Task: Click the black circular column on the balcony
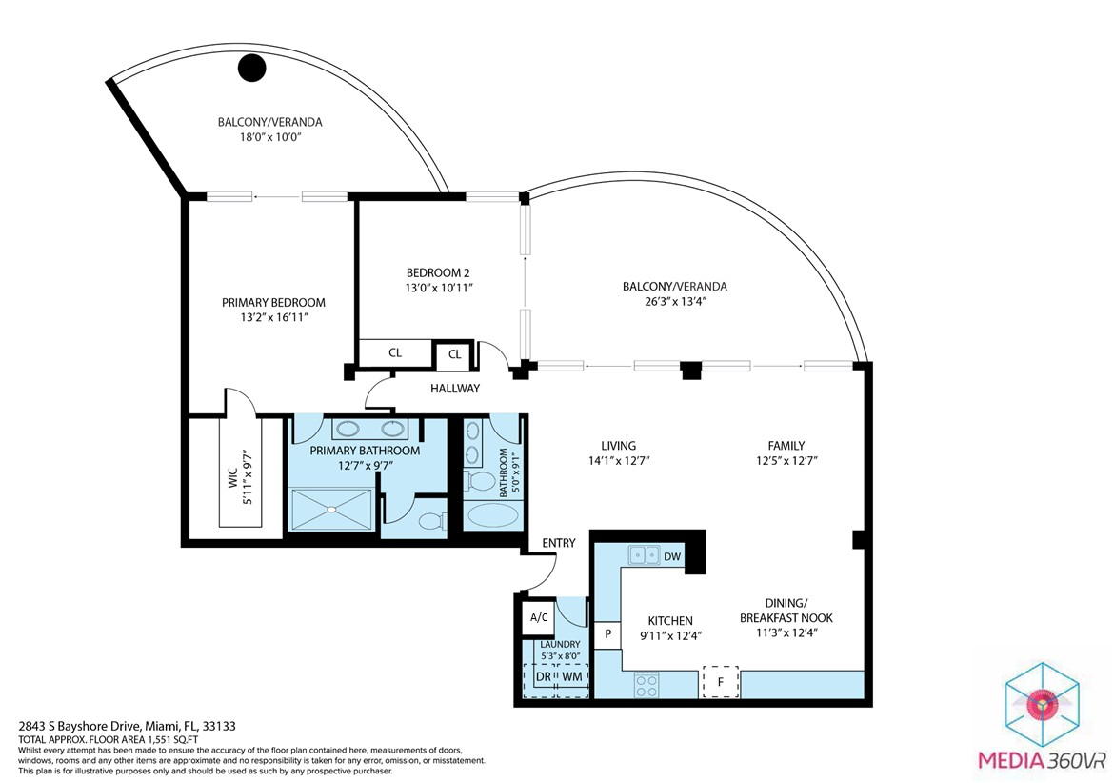click(x=251, y=69)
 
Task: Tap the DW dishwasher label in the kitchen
click(x=672, y=556)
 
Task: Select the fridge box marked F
click(x=721, y=682)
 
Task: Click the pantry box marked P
click(x=608, y=633)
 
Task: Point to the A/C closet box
click(x=539, y=617)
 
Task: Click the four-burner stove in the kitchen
click(x=646, y=685)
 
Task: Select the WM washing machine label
click(x=572, y=677)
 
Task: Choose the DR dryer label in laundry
click(x=543, y=677)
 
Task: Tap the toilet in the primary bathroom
click(x=432, y=522)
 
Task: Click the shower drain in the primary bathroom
click(x=330, y=509)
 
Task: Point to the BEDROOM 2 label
click(x=438, y=272)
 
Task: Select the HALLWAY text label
click(x=455, y=389)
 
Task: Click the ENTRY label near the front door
click(x=558, y=543)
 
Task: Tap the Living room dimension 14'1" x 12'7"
click(x=618, y=460)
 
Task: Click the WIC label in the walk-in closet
click(x=232, y=480)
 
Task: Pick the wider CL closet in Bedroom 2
click(x=395, y=352)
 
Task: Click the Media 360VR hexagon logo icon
click(x=1042, y=703)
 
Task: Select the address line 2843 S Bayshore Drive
click(x=128, y=727)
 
